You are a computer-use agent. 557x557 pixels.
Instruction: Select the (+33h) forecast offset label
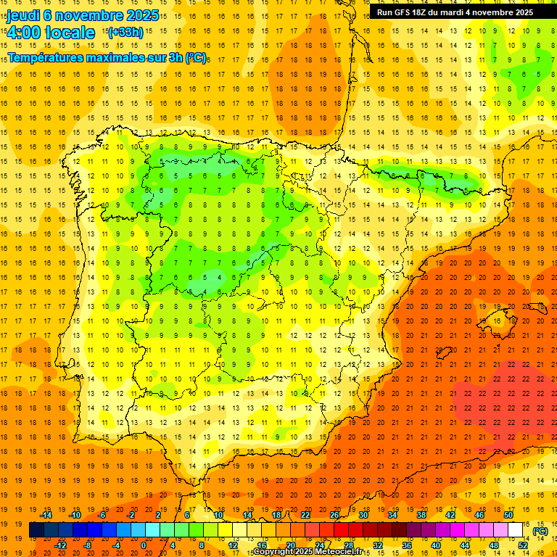(125, 32)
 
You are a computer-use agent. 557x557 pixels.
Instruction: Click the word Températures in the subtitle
(44, 58)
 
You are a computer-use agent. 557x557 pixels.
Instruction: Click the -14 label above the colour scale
(46, 515)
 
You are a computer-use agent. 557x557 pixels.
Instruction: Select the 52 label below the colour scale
(523, 545)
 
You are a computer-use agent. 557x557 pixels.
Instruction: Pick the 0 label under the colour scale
(144, 545)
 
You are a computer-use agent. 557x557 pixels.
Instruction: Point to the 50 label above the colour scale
(508, 515)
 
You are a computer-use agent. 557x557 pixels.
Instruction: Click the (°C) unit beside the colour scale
(540, 531)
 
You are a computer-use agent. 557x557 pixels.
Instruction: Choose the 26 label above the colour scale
(334, 515)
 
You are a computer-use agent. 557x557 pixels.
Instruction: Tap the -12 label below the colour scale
(60, 545)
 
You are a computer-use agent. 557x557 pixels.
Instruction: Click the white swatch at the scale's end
(516, 530)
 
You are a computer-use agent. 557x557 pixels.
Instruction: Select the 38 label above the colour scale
(421, 515)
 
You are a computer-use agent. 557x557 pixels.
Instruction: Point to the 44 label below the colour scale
(465, 545)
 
